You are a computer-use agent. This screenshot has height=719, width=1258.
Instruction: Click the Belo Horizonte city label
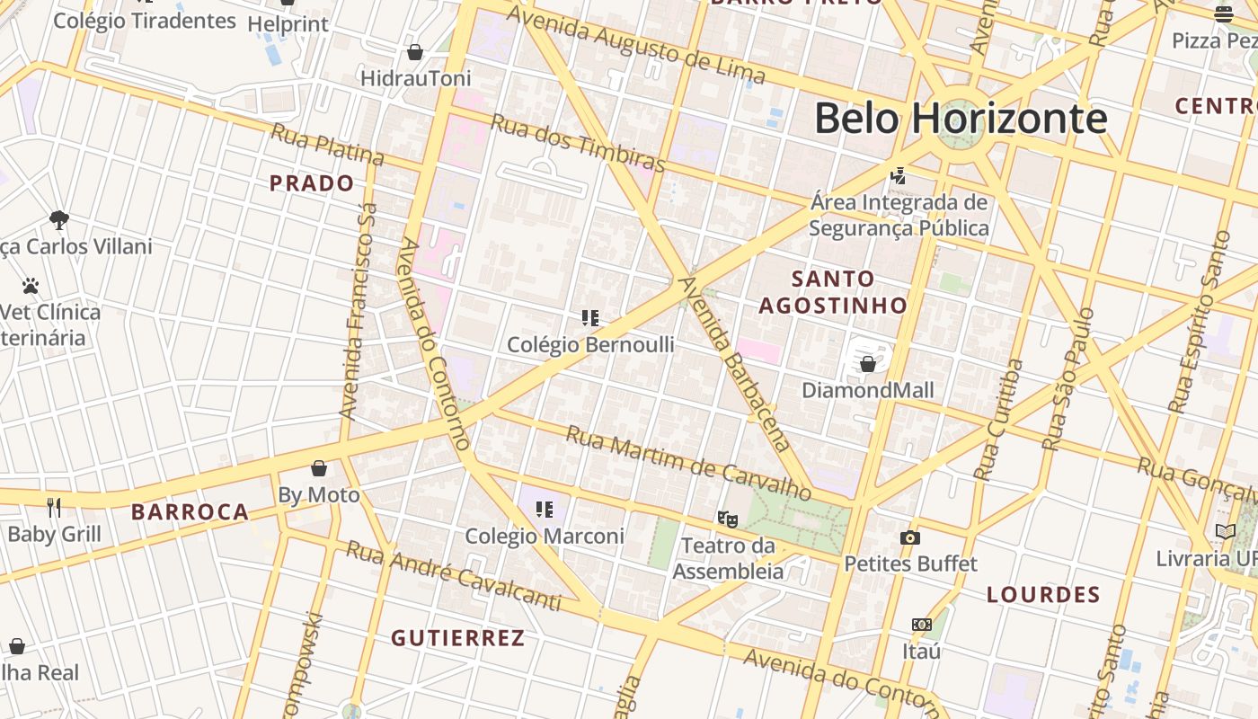click(x=960, y=118)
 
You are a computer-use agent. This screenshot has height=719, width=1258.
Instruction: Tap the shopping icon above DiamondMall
click(x=868, y=364)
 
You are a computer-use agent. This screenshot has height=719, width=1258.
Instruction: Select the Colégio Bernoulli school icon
click(x=590, y=318)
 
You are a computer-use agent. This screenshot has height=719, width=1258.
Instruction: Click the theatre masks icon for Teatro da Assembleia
click(x=727, y=519)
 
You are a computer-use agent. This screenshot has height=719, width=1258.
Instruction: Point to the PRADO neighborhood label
click(x=312, y=183)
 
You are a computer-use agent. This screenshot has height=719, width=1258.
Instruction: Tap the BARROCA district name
click(x=190, y=512)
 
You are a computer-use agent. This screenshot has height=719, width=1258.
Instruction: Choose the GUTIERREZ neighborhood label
click(x=457, y=638)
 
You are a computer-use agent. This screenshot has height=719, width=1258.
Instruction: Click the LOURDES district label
click(x=1043, y=595)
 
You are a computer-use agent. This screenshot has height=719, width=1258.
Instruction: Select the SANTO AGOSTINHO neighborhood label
click(x=833, y=292)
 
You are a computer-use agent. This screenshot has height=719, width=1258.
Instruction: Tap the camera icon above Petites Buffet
click(x=910, y=537)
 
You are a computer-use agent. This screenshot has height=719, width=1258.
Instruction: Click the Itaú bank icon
click(x=921, y=625)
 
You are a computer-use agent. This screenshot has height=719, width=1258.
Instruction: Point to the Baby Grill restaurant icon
click(x=54, y=508)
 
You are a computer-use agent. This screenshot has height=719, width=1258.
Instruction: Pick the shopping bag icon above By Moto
click(x=318, y=468)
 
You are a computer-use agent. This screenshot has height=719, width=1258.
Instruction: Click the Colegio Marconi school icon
click(x=544, y=510)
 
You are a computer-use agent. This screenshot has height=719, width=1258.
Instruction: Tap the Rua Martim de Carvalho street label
click(x=688, y=463)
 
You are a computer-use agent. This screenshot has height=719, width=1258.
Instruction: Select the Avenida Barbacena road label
click(x=734, y=363)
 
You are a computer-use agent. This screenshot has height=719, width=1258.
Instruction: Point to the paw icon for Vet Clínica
click(x=31, y=286)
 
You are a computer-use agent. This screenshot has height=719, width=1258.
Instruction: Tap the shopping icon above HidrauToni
click(x=415, y=52)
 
